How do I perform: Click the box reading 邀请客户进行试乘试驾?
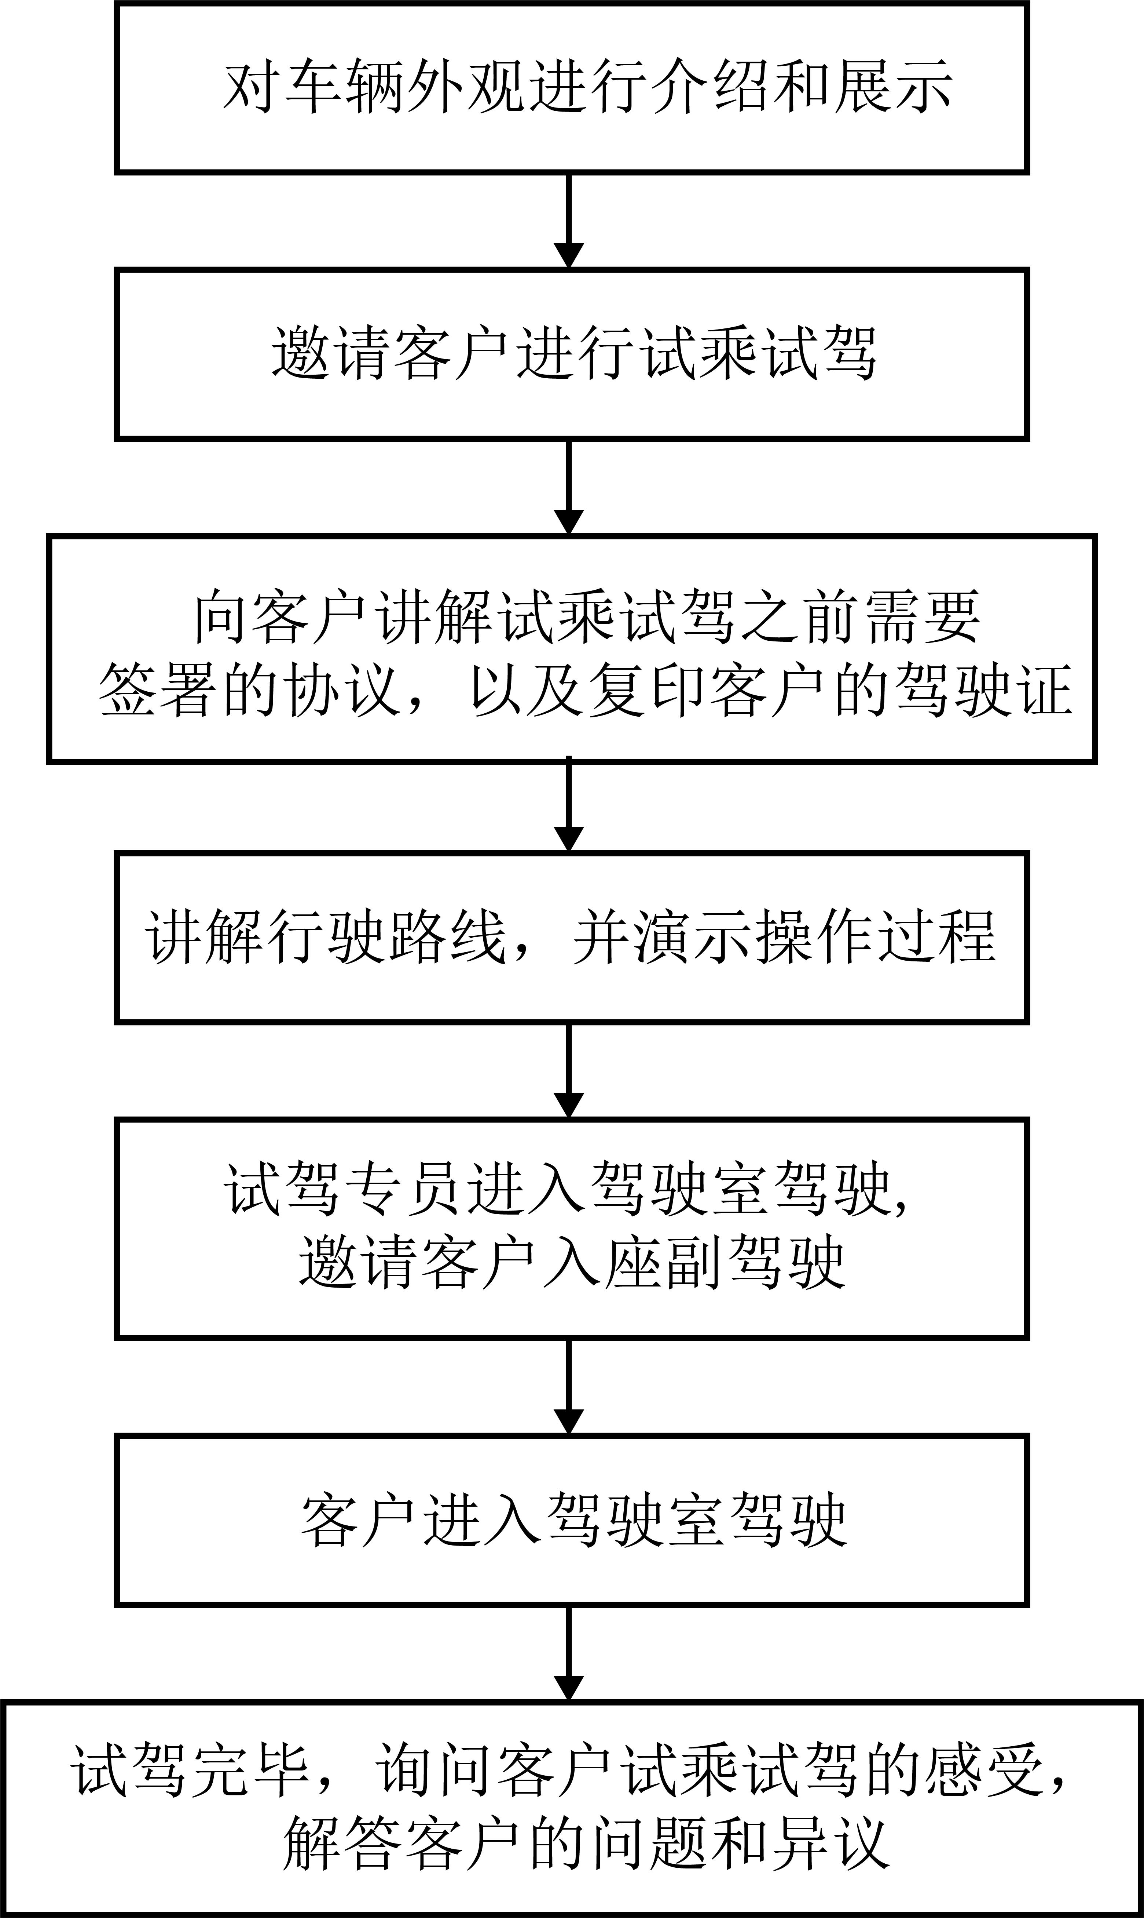(x=572, y=354)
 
